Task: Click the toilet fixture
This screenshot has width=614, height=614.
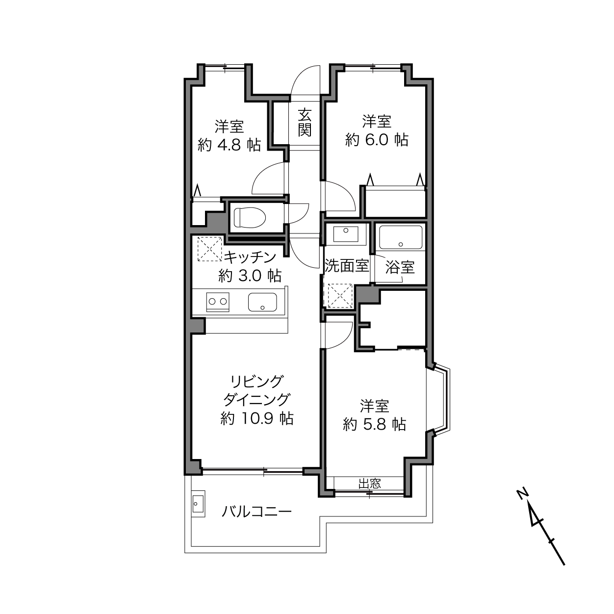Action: pyautogui.click(x=250, y=218)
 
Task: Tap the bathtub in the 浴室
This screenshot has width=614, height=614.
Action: pyautogui.click(x=401, y=237)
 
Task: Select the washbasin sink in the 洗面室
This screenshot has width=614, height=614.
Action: pyautogui.click(x=346, y=234)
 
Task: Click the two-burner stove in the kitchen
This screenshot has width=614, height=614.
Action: pyautogui.click(x=218, y=302)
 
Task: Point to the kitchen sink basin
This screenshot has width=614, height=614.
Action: pyautogui.click(x=262, y=302)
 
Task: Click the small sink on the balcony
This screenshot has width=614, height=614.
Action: pyautogui.click(x=198, y=504)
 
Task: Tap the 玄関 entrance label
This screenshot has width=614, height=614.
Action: pyautogui.click(x=305, y=122)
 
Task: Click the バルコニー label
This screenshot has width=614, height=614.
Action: pyautogui.click(x=256, y=512)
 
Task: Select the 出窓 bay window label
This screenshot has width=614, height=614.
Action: pyautogui.click(x=370, y=484)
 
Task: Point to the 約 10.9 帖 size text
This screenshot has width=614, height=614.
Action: pyautogui.click(x=257, y=419)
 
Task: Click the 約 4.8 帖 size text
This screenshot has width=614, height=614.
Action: pyautogui.click(x=229, y=145)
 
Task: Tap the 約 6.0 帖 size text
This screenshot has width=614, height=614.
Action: pyautogui.click(x=377, y=140)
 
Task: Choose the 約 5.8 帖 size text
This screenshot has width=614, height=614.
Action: pyautogui.click(x=374, y=424)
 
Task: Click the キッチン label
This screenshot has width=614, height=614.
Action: pyautogui.click(x=250, y=257)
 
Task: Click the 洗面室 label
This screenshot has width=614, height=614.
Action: pyautogui.click(x=347, y=266)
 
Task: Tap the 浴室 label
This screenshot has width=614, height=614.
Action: pyautogui.click(x=400, y=267)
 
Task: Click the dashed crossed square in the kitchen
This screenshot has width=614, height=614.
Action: pyautogui.click(x=209, y=249)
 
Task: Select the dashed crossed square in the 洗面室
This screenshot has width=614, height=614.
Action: pyautogui.click(x=340, y=295)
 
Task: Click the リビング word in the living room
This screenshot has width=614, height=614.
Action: pyautogui.click(x=257, y=382)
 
